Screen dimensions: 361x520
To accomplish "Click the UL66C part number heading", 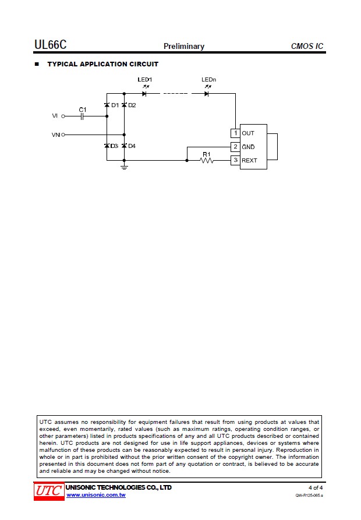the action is [x=51, y=44].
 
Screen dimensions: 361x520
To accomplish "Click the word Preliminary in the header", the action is [x=184, y=47].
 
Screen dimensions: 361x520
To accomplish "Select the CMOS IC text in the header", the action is [x=307, y=46].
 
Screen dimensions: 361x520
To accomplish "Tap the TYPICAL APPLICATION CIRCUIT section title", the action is [x=102, y=64].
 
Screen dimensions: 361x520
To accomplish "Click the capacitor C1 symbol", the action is [x=82, y=116].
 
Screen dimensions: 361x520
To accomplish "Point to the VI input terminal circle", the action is [x=63, y=116].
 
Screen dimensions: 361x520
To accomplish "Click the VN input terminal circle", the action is [x=63, y=135].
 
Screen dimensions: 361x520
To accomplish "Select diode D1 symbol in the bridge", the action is [x=107, y=105].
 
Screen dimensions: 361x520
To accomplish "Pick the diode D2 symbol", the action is [x=124, y=105].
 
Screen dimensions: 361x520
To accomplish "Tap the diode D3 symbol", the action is [x=107, y=146].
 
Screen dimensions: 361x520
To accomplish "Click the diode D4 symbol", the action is [x=124, y=146].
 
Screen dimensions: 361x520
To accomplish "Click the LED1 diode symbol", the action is [x=144, y=94].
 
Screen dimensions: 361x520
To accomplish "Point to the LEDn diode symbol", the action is [x=207, y=94].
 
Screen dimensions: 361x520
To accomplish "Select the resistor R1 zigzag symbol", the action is [x=207, y=161].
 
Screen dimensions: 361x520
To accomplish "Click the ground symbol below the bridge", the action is [x=124, y=167].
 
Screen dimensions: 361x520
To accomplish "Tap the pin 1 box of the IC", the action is [x=235, y=133].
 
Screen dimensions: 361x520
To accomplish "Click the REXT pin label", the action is [x=249, y=161].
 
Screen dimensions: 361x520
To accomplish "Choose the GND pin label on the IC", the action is [x=248, y=147].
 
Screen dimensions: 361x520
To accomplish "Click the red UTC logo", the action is [x=49, y=491].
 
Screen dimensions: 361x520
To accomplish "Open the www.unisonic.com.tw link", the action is [x=96, y=495].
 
